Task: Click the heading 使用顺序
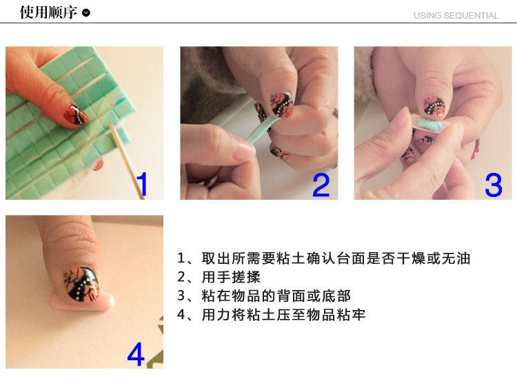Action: click(x=48, y=12)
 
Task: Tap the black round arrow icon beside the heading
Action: click(x=85, y=13)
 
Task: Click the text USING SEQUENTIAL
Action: click(x=456, y=15)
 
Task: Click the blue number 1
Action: click(x=142, y=184)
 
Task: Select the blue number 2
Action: click(x=321, y=185)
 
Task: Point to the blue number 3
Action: click(x=494, y=185)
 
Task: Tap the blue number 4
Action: click(x=136, y=354)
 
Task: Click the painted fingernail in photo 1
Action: click(x=76, y=115)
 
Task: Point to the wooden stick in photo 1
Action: click(x=126, y=159)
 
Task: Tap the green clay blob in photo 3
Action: click(x=428, y=123)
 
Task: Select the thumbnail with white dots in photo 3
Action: click(x=434, y=107)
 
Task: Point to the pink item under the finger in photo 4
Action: click(x=83, y=302)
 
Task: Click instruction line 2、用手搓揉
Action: click(x=219, y=277)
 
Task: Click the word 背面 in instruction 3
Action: click(x=291, y=296)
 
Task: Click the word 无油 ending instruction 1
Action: click(x=456, y=258)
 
